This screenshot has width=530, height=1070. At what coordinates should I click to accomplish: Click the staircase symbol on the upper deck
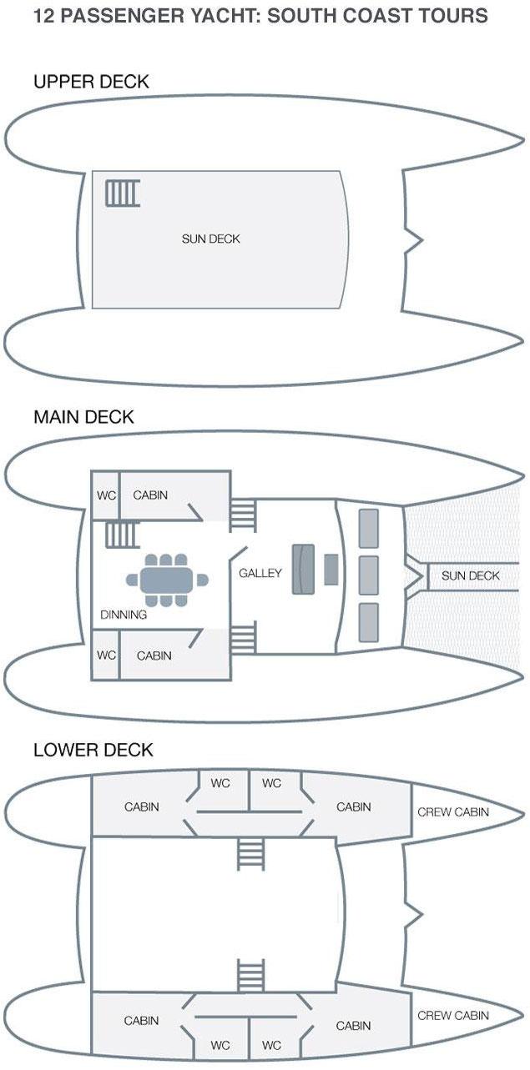122,193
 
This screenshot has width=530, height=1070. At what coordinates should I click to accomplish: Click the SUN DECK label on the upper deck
211,239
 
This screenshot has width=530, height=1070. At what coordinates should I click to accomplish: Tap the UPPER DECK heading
91,81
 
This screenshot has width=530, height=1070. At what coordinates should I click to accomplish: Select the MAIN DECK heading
83,417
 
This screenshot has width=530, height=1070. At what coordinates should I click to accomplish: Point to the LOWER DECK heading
93,750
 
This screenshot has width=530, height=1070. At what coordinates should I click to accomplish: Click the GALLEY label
260,573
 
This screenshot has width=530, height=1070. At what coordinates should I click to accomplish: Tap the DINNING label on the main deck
124,615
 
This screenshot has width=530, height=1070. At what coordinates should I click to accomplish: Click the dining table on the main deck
167,578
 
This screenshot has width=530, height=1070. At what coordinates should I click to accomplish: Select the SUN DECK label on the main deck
471,575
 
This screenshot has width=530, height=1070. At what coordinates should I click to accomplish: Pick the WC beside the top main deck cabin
106,495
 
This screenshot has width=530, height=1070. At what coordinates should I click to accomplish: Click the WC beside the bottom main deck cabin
106,656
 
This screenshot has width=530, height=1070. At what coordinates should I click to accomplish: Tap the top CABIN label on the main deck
150,495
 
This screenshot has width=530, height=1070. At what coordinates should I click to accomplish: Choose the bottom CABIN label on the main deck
154,656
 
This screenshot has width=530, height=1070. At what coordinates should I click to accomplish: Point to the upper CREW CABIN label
453,811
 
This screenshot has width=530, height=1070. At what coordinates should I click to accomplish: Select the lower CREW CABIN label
453,1015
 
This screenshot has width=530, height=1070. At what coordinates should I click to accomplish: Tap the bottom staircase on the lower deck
250,973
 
